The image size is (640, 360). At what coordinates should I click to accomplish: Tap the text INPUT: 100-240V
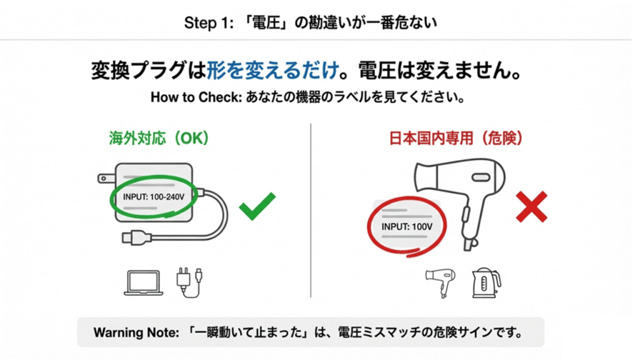click(x=154, y=197)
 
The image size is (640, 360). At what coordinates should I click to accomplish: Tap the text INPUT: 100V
click(x=407, y=226)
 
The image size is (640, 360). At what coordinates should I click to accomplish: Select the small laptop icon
click(x=144, y=282)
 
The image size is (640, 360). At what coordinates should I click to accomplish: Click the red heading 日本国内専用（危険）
click(x=456, y=138)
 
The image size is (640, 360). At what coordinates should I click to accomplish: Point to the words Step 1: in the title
click(x=206, y=22)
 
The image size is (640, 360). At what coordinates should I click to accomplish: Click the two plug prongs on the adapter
click(x=106, y=179)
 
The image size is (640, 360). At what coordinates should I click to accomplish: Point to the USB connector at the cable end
click(x=134, y=237)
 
